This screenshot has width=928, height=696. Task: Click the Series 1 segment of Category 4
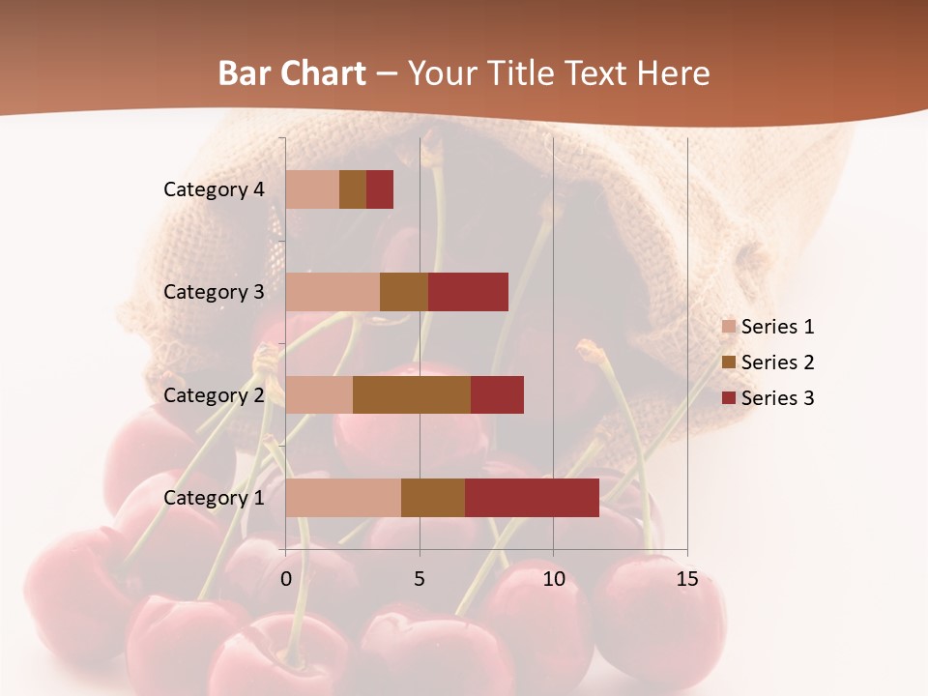[312, 189]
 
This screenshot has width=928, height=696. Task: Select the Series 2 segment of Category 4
[353, 189]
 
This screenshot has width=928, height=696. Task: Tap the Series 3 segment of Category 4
[380, 189]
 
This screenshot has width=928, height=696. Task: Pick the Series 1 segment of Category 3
[333, 292]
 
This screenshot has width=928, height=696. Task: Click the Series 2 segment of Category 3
[404, 292]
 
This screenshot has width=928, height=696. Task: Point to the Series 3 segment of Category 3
[468, 292]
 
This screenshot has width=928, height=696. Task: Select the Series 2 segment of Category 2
[412, 394]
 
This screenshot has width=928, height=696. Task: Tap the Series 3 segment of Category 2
[497, 394]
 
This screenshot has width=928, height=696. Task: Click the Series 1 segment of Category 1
[343, 498]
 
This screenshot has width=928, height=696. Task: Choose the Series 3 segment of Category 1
[532, 498]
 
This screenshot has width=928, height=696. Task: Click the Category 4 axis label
[214, 189]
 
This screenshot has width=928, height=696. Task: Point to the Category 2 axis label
[214, 395]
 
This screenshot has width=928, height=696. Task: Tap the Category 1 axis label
[214, 498]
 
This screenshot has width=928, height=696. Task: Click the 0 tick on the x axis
[286, 579]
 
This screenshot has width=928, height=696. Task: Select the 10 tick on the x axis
[553, 579]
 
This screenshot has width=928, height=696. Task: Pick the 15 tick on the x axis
[687, 579]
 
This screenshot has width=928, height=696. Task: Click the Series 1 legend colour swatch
[729, 327]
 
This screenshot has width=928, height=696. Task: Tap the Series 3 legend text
[777, 398]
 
